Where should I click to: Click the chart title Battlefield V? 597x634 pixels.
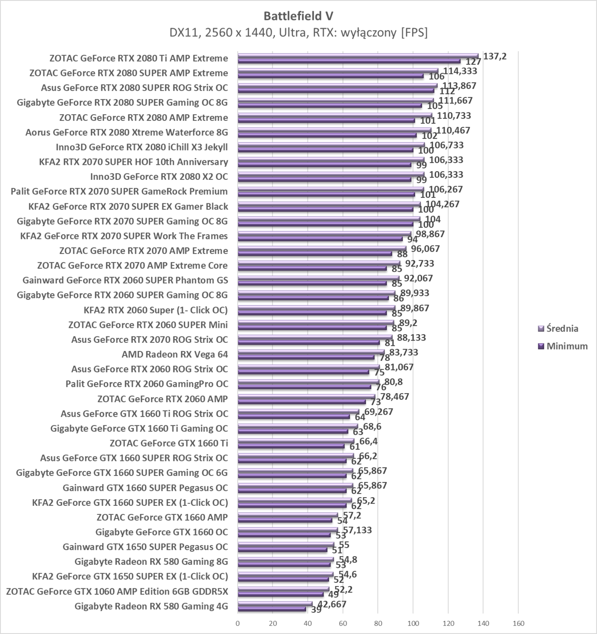pyautogui.click(x=298, y=16)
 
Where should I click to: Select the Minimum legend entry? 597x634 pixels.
pyautogui.click(x=567, y=346)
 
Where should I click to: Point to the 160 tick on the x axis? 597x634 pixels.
pyautogui.click(x=518, y=623)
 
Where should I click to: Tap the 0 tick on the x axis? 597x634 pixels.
pyautogui.click(x=238, y=623)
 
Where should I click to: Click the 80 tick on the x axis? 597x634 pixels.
pyautogui.click(x=378, y=623)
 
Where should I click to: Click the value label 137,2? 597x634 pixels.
pyautogui.click(x=495, y=56)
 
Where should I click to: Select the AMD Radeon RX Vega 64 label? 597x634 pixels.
pyautogui.click(x=174, y=354)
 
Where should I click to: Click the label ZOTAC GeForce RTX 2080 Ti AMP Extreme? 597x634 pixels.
pyautogui.click(x=138, y=58)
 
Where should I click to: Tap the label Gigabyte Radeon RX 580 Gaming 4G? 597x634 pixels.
pyautogui.click(x=151, y=606)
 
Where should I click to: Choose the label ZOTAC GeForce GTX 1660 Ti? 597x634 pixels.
pyautogui.click(x=169, y=443)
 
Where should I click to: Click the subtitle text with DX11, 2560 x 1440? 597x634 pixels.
pyautogui.click(x=298, y=33)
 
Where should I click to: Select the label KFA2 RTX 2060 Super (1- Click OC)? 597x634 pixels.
pyautogui.click(x=155, y=310)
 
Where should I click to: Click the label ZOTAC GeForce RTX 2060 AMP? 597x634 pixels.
pyautogui.click(x=162, y=399)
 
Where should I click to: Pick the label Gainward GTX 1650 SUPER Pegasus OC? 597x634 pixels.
pyautogui.click(x=145, y=547)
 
